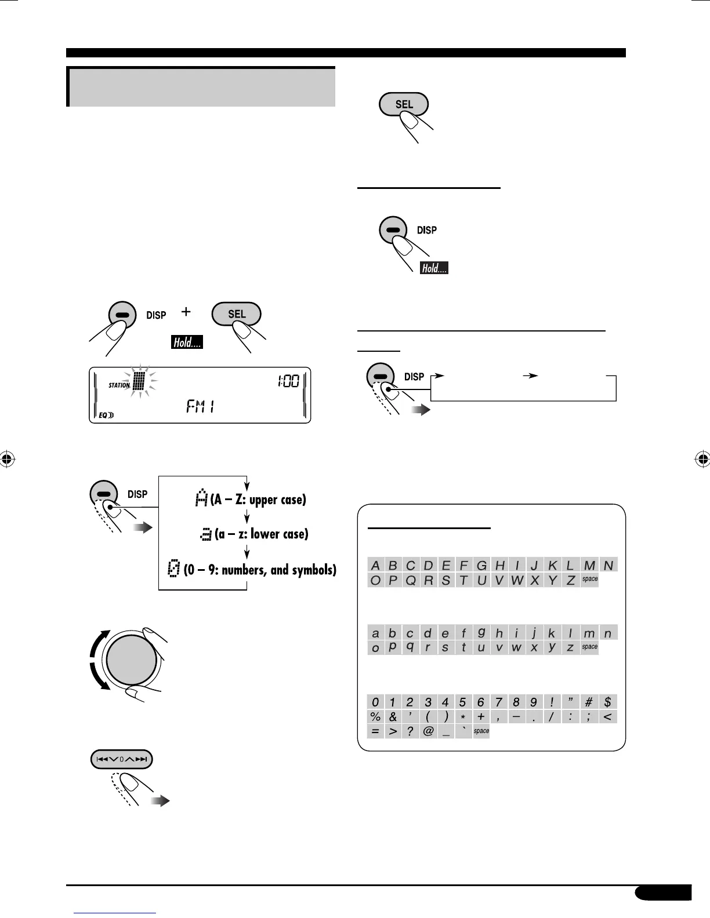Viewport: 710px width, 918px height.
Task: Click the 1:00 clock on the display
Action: pyautogui.click(x=288, y=381)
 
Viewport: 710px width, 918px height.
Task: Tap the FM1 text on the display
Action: pyautogui.click(x=200, y=407)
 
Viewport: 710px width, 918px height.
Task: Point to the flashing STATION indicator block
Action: pyautogui.click(x=138, y=381)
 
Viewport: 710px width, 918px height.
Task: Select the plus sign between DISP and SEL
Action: pyautogui.click(x=186, y=312)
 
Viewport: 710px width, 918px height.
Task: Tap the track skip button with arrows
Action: pyautogui.click(x=121, y=759)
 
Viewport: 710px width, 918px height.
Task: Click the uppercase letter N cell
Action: pyautogui.click(x=608, y=565)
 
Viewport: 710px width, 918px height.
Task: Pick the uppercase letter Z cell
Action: pyautogui.click(x=570, y=580)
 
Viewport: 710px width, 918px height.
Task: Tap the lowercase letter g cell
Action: pyautogui.click(x=481, y=633)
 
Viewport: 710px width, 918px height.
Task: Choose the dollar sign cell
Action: pyautogui.click(x=607, y=702)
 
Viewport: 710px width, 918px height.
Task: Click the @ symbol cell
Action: pyautogui.click(x=428, y=731)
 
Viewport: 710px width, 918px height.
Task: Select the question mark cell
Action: pyautogui.click(x=410, y=731)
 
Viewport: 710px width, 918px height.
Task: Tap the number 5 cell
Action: pyautogui.click(x=462, y=702)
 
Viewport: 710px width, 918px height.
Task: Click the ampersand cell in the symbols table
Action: pyautogui.click(x=393, y=717)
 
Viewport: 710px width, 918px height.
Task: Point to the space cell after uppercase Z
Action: pyautogui.click(x=589, y=580)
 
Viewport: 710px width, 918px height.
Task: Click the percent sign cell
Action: pyautogui.click(x=375, y=717)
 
